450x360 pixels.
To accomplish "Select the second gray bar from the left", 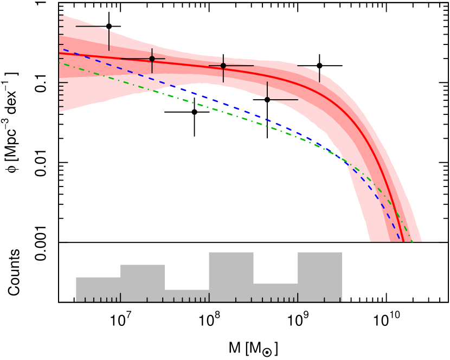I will pos(143,283).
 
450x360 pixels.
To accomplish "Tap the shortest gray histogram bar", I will pos(187,295).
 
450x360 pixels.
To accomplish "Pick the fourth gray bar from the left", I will pos(231,277).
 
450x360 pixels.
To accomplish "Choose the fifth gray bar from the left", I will pos(275,292).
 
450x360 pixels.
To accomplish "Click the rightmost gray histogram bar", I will pos(320,277).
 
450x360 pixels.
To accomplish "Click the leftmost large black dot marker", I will pos(152,59).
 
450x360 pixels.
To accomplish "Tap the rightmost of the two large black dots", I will pos(223,66).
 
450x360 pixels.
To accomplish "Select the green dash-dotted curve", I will pos(217,110).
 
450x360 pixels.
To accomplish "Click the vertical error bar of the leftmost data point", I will pos(109,41).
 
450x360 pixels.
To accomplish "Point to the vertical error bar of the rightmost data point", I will pos(319,76).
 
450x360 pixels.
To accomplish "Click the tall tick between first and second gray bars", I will pos(120,297).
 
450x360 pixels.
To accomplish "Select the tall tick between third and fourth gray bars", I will pos(209,297).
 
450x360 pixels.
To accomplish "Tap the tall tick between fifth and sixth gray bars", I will pos(298,297).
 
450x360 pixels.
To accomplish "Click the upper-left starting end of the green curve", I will pos(60,63).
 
